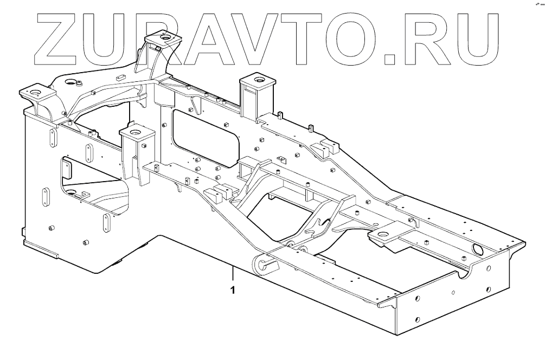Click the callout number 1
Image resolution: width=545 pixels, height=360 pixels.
click(x=233, y=290)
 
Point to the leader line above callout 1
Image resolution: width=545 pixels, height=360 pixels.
click(x=233, y=274)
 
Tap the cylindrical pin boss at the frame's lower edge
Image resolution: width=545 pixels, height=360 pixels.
click(x=264, y=264)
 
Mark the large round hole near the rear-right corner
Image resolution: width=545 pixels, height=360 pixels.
click(x=479, y=249)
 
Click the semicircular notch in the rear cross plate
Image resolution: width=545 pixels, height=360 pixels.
click(x=465, y=274)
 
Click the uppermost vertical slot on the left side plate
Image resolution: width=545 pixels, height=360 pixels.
click(x=52, y=138)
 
